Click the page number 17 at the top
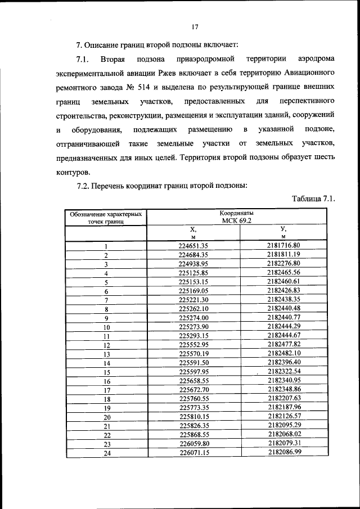(195, 26)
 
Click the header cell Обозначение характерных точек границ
(105, 218)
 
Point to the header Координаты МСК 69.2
(237, 217)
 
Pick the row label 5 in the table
(105, 282)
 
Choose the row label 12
(105, 345)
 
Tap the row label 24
(105, 453)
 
